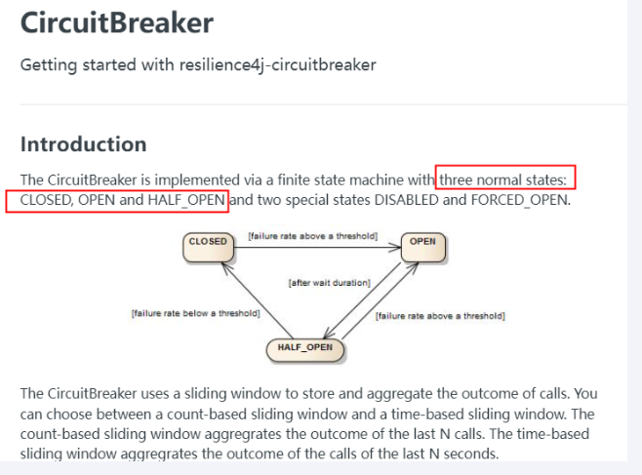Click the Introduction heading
[83, 145]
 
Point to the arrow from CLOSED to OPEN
[316, 247]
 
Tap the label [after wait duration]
[328, 283]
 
